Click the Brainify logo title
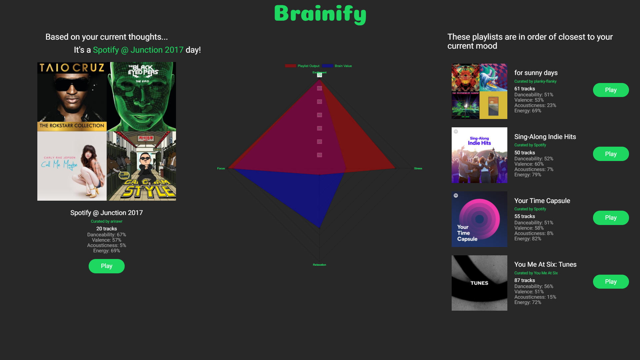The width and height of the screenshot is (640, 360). coord(320,14)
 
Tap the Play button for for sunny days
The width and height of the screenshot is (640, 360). coord(611,90)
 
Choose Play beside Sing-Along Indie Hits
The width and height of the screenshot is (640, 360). coord(611,154)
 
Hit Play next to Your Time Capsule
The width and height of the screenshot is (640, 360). coord(611,218)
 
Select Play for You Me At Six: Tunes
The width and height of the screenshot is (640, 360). coord(611,282)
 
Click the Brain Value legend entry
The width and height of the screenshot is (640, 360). coord(337,66)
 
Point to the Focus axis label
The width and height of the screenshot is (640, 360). coord(221,169)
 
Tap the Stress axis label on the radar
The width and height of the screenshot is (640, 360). coord(418,169)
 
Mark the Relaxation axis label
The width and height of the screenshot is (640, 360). coord(319,265)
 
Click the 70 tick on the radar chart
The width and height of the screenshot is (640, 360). coord(319,75)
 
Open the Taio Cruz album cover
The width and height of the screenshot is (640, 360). coord(72,97)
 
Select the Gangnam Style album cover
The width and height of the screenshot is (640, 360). coord(141,166)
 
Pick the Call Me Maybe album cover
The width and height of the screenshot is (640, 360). coord(72,166)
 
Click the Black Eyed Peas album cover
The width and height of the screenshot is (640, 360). coord(141,97)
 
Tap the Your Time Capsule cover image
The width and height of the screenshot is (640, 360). coord(479,219)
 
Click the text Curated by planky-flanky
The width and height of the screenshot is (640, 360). coord(535,81)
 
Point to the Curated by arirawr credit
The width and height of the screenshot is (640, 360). coord(107,221)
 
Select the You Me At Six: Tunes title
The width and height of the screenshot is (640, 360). coord(545,264)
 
